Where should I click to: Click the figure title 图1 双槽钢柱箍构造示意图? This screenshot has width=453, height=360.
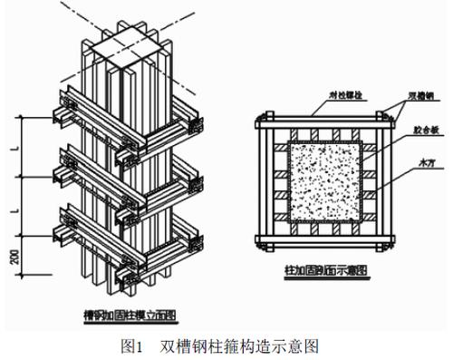(226, 345)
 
